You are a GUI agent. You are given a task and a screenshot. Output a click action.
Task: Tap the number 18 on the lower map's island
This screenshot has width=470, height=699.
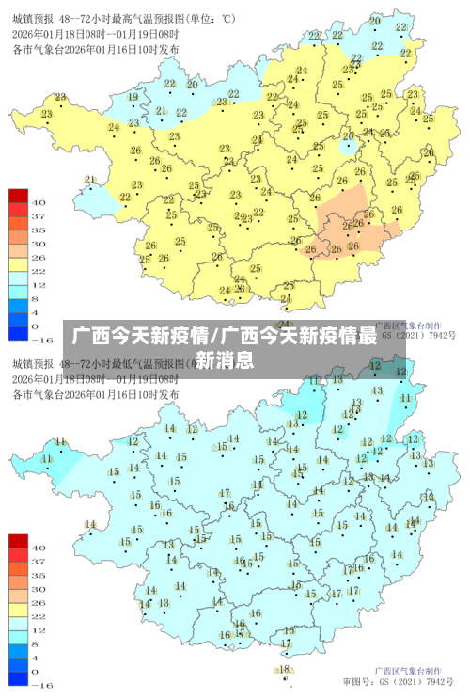[x=285, y=669]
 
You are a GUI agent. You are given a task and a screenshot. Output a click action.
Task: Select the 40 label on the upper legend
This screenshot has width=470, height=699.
[x=39, y=202]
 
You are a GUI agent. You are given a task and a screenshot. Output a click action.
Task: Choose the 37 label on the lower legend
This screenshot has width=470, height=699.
[x=39, y=561]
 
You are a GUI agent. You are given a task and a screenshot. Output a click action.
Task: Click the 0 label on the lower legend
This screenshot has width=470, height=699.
[x=36, y=671]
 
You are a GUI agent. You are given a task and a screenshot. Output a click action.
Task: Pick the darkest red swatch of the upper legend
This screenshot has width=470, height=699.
[x=19, y=196]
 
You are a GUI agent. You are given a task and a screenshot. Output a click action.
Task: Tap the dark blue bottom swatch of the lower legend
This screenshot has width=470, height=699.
[x=19, y=677]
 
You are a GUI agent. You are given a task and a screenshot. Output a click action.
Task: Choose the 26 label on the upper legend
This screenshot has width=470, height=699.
[x=39, y=256]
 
